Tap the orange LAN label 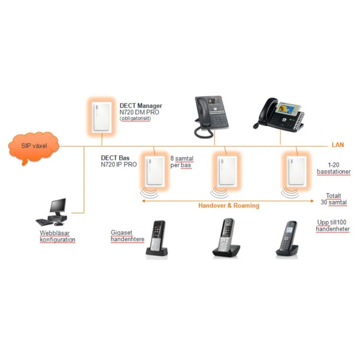338,144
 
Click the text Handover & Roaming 229,205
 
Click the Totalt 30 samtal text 334,199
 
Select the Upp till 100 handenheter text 333,226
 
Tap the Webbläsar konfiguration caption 57,236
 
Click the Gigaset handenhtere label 127,236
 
